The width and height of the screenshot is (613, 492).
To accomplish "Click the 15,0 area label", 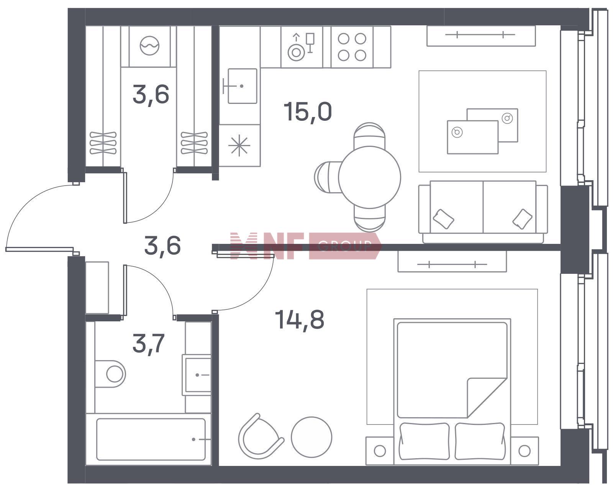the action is coord(308,112).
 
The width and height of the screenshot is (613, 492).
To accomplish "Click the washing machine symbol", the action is coord(149,46).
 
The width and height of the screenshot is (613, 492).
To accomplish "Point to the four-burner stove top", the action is coord(352,47).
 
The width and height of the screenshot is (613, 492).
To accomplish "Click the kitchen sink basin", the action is coord(243,86).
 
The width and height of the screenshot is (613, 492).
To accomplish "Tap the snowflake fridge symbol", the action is coord(239,145).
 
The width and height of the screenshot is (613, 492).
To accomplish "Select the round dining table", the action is coord(369,177).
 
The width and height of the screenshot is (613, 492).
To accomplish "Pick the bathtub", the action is coord(151,439).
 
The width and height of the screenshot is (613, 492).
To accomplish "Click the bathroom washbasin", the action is coord(197,375).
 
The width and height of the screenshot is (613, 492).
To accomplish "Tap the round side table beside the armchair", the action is coord(311,437).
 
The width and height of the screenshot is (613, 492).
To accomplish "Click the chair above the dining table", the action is coord(369,135).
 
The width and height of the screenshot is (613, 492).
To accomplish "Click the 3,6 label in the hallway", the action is coord(162,246).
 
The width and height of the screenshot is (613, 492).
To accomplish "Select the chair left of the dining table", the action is coord(327,177).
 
